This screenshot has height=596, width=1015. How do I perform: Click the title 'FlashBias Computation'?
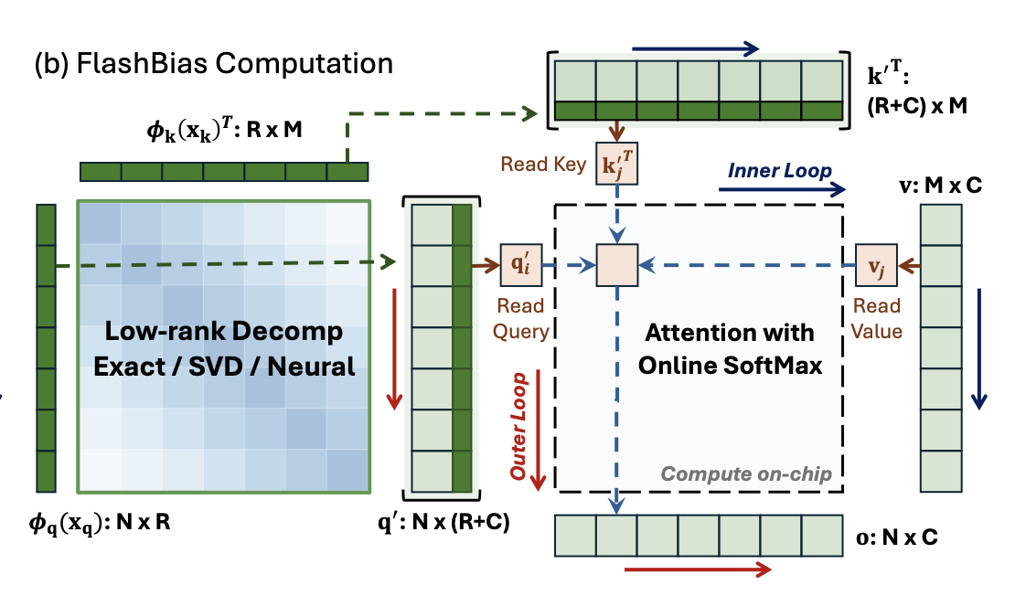213,65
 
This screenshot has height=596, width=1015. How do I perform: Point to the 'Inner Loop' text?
779,171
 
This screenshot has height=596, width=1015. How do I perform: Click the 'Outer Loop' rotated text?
519,427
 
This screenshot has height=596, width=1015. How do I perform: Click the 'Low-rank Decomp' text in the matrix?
223,330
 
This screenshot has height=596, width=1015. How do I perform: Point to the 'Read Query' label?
521,319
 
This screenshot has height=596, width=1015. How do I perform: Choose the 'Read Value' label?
876,319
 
